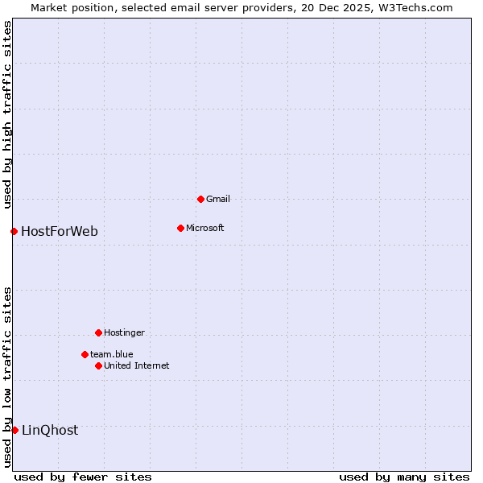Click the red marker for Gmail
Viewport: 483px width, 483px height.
click(200, 199)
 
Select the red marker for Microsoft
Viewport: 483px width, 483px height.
click(180, 228)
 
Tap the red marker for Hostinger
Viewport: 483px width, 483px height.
click(98, 332)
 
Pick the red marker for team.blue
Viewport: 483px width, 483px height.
click(85, 354)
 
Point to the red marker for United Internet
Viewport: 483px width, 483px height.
click(98, 365)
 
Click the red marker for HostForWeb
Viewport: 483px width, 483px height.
click(14, 231)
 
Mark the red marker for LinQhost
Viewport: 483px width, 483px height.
click(14, 430)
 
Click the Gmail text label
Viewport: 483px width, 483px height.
click(218, 199)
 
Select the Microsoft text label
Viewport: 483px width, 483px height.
click(205, 228)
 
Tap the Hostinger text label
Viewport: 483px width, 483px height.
click(124, 332)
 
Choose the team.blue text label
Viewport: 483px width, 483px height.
click(112, 354)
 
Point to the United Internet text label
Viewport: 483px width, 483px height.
click(137, 365)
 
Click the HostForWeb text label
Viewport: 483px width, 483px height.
click(60, 232)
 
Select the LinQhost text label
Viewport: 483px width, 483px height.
click(50, 431)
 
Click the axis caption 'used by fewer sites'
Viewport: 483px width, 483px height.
click(83, 477)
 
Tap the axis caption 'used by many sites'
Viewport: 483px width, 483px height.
click(404, 477)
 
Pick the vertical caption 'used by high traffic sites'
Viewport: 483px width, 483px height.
click(7, 114)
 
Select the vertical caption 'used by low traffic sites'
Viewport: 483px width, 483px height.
click(7, 376)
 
